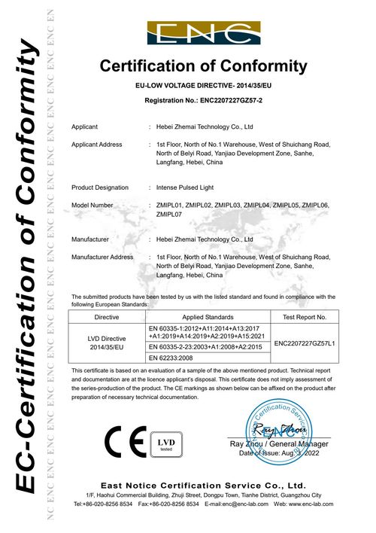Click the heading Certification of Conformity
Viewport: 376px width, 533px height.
point(203,66)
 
